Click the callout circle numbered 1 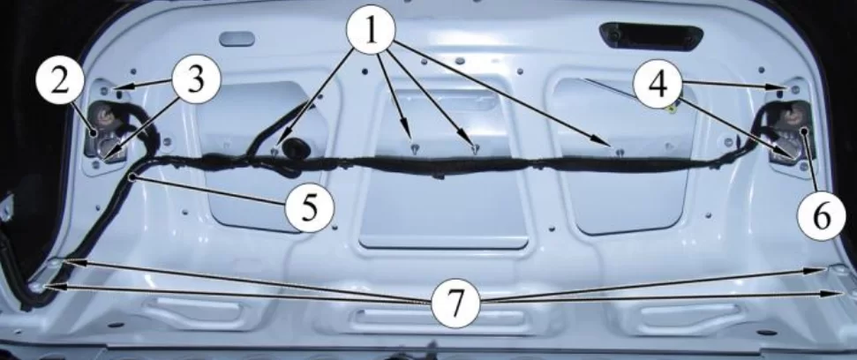pyautogui.click(x=371, y=30)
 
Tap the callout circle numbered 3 pyautogui.click(x=196, y=79)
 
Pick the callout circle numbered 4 pyautogui.click(x=658, y=83)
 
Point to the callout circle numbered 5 pyautogui.click(x=310, y=208)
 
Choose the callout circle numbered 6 pyautogui.click(x=822, y=217)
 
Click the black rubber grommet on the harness pyautogui.click(x=297, y=147)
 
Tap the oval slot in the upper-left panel pyautogui.click(x=237, y=39)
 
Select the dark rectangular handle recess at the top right pyautogui.click(x=651, y=36)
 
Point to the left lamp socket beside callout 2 pyautogui.click(x=104, y=121)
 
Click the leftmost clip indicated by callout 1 pyautogui.click(x=275, y=151)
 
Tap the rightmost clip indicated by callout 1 pyautogui.click(x=619, y=152)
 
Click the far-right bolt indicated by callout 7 pyautogui.click(x=852, y=293)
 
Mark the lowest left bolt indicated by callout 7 pyautogui.click(x=36, y=287)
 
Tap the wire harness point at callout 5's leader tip pyautogui.click(x=132, y=177)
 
